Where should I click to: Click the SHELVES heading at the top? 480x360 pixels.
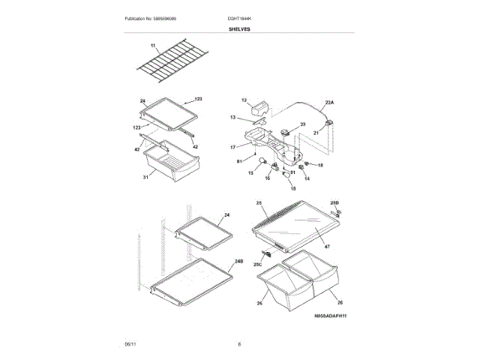(x=239, y=29)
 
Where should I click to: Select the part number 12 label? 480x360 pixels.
(x=244, y=100)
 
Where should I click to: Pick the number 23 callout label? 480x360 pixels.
(x=303, y=124)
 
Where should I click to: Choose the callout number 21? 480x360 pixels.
(x=316, y=132)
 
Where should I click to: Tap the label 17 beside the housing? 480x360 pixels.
(x=232, y=146)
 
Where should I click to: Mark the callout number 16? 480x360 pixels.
(x=267, y=178)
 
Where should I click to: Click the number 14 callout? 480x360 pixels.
(x=306, y=178)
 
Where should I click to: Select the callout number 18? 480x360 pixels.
(x=320, y=164)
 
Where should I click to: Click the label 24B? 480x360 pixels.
(x=238, y=260)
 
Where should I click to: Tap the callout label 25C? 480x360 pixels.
(x=257, y=265)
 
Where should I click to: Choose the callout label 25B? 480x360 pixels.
(x=334, y=203)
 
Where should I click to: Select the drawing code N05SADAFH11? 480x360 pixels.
(x=330, y=316)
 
